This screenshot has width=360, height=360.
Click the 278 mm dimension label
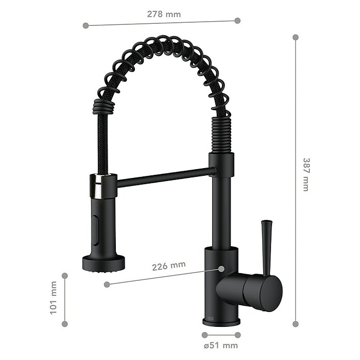pos(163,14)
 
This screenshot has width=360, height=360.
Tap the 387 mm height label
pos(306,174)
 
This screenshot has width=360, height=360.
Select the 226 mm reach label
pos(169,266)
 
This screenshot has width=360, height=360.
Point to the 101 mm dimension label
pos(53,298)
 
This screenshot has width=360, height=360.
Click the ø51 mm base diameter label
pos(221,346)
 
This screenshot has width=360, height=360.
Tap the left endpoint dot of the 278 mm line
pos(86,25)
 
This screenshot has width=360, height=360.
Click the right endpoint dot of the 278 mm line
pos(237,21)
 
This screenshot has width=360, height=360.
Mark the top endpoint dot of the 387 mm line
pos(296,37)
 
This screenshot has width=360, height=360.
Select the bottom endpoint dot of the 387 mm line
pos(296,324)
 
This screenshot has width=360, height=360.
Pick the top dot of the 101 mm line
pos(65,276)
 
